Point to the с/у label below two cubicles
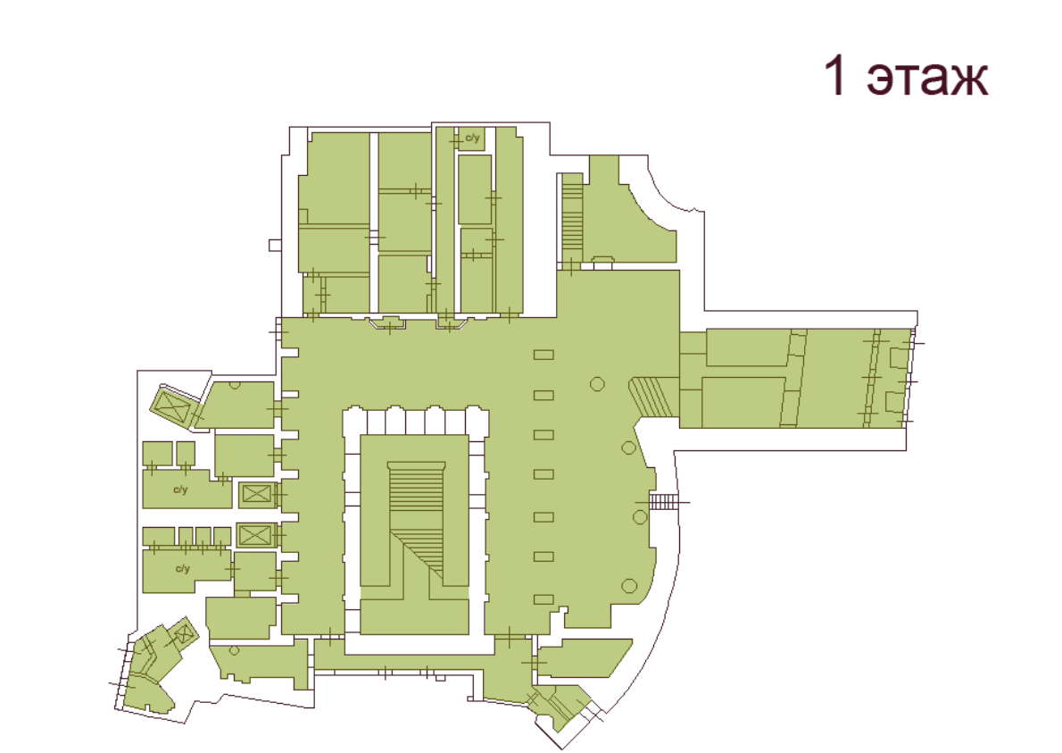(x=180, y=489)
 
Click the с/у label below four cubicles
(x=183, y=568)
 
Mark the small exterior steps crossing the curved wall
(x=664, y=502)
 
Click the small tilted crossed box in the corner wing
(x=184, y=635)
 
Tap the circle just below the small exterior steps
(x=640, y=517)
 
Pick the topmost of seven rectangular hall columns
(x=543, y=356)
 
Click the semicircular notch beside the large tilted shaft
(x=235, y=385)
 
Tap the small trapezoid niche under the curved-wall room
(x=603, y=262)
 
